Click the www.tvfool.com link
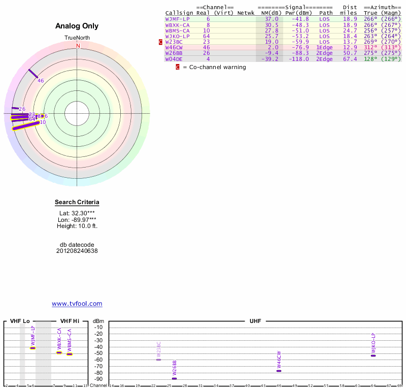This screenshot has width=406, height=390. (77, 304)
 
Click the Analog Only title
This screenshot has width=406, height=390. (77, 26)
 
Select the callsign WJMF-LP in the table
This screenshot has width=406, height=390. (177, 19)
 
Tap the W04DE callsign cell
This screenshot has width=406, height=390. (174, 58)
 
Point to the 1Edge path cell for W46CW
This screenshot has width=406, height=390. (324, 47)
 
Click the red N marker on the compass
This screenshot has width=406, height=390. (78, 46)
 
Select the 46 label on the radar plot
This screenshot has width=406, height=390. (41, 80)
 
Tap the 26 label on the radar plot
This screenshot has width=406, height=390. (22, 109)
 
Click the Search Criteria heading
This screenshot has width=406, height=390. (77, 203)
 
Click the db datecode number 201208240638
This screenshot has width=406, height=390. (77, 251)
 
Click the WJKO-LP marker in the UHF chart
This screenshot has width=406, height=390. (373, 355)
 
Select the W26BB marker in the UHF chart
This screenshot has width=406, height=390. (174, 378)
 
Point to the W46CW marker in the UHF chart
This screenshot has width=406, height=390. (279, 371)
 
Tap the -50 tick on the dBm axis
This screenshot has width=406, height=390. (98, 353)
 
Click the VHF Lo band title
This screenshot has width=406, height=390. (19, 321)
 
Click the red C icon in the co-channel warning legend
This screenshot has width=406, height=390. (178, 67)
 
